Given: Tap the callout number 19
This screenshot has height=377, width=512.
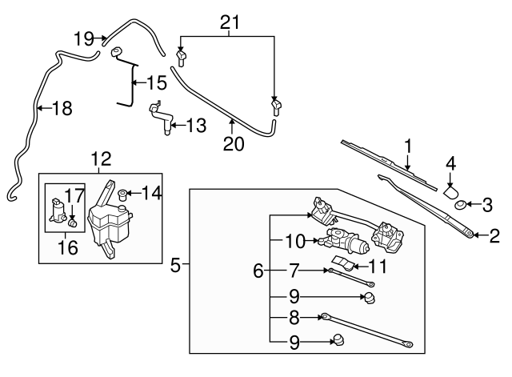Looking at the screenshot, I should [85, 38].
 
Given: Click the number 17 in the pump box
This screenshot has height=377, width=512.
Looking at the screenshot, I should [74, 194].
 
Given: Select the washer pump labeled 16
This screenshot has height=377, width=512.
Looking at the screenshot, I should [58, 211].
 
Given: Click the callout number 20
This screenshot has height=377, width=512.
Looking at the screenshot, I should [232, 145].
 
